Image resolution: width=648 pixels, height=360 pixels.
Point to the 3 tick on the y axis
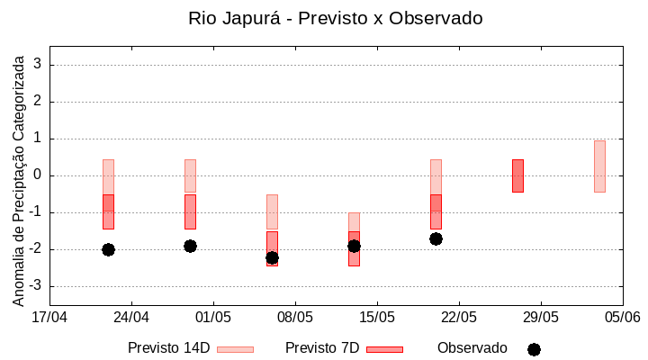[38, 65]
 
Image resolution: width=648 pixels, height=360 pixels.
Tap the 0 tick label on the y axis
[38, 175]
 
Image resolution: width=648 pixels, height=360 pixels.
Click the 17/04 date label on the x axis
[49, 317]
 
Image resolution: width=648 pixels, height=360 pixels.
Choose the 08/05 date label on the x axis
[295, 317]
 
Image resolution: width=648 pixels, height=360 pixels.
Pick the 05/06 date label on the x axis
[622, 317]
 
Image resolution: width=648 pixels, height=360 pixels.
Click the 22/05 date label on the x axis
[459, 317]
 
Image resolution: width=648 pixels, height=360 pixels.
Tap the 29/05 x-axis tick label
[541, 317]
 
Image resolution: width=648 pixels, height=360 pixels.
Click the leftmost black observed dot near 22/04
[108, 249]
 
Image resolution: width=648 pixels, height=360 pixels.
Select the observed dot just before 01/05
[190, 246]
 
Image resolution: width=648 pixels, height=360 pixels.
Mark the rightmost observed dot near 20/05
[436, 238]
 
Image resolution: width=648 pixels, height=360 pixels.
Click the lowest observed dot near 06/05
[272, 257]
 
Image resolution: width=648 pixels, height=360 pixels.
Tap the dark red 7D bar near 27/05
[517, 175]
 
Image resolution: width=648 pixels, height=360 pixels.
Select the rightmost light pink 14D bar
[599, 166]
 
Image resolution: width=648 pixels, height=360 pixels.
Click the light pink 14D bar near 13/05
[354, 221]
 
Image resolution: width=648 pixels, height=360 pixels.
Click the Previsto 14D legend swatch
[235, 349]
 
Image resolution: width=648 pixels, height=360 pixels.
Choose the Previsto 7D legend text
[322, 347]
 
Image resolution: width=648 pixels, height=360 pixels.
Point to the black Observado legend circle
[534, 349]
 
